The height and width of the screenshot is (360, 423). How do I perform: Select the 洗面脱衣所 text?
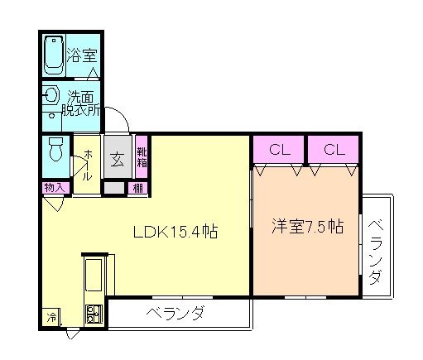[x=84, y=103]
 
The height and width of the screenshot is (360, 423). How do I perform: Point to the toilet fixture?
[x=55, y=151]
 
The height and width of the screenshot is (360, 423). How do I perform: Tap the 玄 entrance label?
[x=118, y=158]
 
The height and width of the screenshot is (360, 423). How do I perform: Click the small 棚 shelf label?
[x=137, y=189]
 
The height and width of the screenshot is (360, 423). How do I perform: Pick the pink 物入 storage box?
[x=55, y=188]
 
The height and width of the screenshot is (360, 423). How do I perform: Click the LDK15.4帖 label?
[x=175, y=233]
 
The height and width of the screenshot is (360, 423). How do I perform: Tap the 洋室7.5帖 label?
[x=307, y=227]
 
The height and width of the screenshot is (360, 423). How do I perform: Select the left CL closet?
[x=279, y=150]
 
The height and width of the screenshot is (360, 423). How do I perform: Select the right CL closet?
[x=334, y=150]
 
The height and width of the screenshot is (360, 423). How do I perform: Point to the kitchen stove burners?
[x=91, y=314]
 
